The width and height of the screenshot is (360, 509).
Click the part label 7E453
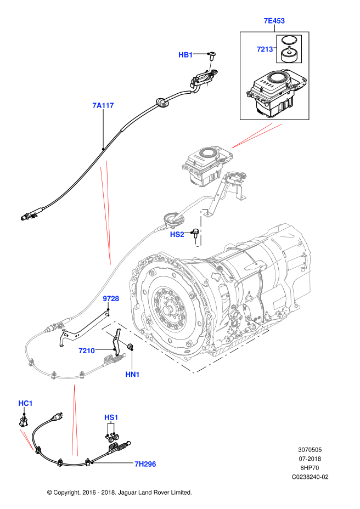pyautogui.click(x=274, y=21)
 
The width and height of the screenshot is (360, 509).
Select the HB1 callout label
pyautogui.click(x=185, y=55)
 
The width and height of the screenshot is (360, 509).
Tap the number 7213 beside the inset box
pyautogui.click(x=265, y=49)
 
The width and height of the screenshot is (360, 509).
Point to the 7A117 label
pyautogui.click(x=103, y=105)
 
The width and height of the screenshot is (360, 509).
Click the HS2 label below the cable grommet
pyautogui.click(x=177, y=234)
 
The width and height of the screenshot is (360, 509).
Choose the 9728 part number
pyautogui.click(x=111, y=299)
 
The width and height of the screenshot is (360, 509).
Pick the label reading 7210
pyautogui.click(x=87, y=350)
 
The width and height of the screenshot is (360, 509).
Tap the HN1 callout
pyautogui.click(x=132, y=375)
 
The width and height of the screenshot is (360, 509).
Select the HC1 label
pyautogui.click(x=25, y=404)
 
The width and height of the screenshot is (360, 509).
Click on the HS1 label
pyautogui.click(x=111, y=417)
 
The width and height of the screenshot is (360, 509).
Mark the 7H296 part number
pyautogui.click(x=145, y=464)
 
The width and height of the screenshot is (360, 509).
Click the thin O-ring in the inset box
pyautogui.click(x=289, y=40)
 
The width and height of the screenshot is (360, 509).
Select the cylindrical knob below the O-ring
pyautogui.click(x=289, y=54)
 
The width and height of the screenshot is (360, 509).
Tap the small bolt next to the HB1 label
pyautogui.click(x=210, y=66)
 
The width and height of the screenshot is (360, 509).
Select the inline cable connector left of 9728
pyautogui.click(x=57, y=327)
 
